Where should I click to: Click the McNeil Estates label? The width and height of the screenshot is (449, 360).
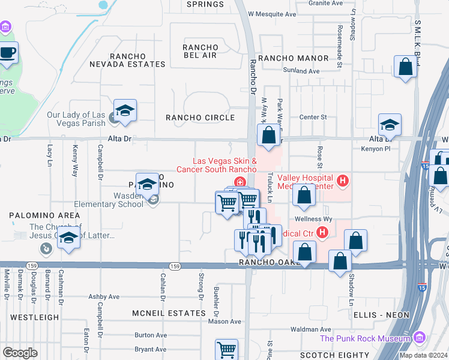click(169, 313)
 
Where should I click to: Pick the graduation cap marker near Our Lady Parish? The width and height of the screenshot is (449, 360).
click(125, 111)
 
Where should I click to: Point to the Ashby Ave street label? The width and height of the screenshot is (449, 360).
click(104, 296)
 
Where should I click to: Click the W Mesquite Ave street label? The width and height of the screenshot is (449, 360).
click(273, 13)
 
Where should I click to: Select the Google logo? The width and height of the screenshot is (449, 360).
click(20, 353)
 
